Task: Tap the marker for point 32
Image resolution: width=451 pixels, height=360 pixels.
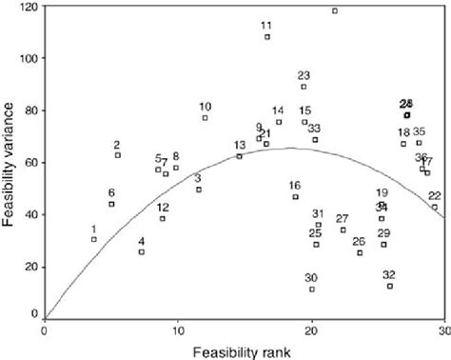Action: coord(390,286)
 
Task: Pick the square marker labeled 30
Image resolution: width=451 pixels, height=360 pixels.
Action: coord(312,289)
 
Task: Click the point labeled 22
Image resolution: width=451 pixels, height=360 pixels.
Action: coord(435,207)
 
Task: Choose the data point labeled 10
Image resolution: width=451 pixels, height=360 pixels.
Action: coord(205,117)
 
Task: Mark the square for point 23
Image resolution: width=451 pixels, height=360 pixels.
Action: coord(304,87)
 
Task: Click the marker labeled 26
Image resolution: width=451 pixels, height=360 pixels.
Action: coord(360,252)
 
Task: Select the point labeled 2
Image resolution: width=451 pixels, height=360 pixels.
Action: coord(118,155)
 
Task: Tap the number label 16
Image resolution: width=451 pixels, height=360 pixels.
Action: coord(295,186)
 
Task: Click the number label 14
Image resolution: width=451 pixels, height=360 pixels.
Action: coord(278,110)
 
